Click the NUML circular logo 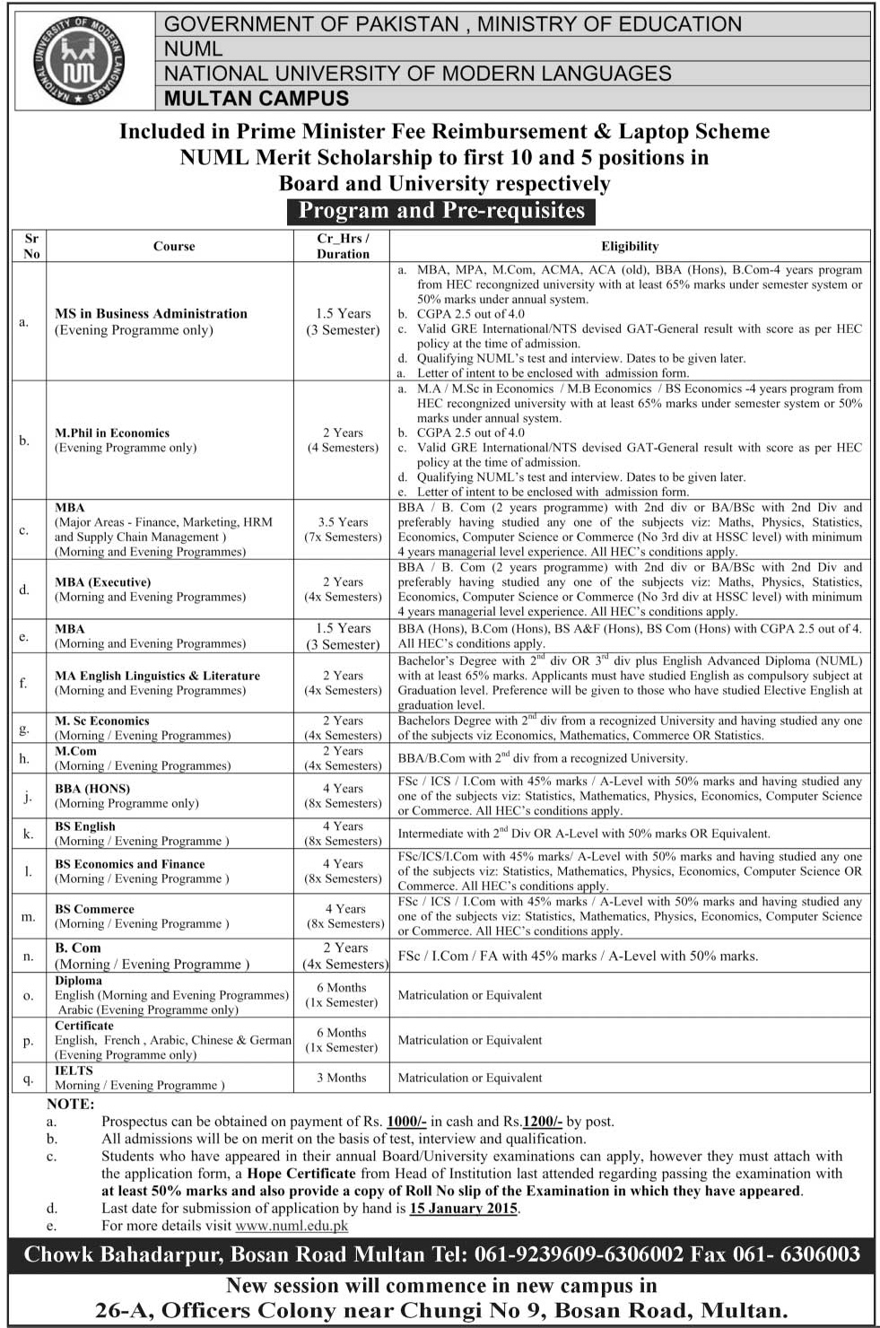pos(79,61)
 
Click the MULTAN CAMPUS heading pos(257,99)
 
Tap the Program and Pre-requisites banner pos(441,211)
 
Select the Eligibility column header pos(630,246)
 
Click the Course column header pos(174,246)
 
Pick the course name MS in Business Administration pos(151,313)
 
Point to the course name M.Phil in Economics pos(112,432)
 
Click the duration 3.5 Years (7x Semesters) pos(343,529)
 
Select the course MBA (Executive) pos(103,582)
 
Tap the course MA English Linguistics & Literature pos(157,676)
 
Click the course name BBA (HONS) pos(92,789)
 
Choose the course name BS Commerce pos(94,909)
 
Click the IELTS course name pos(74,1070)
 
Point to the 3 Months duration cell pos(342,1078)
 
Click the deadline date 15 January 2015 pos(463,1208)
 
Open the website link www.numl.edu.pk pos(292,1225)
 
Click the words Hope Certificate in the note pos(301,1173)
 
